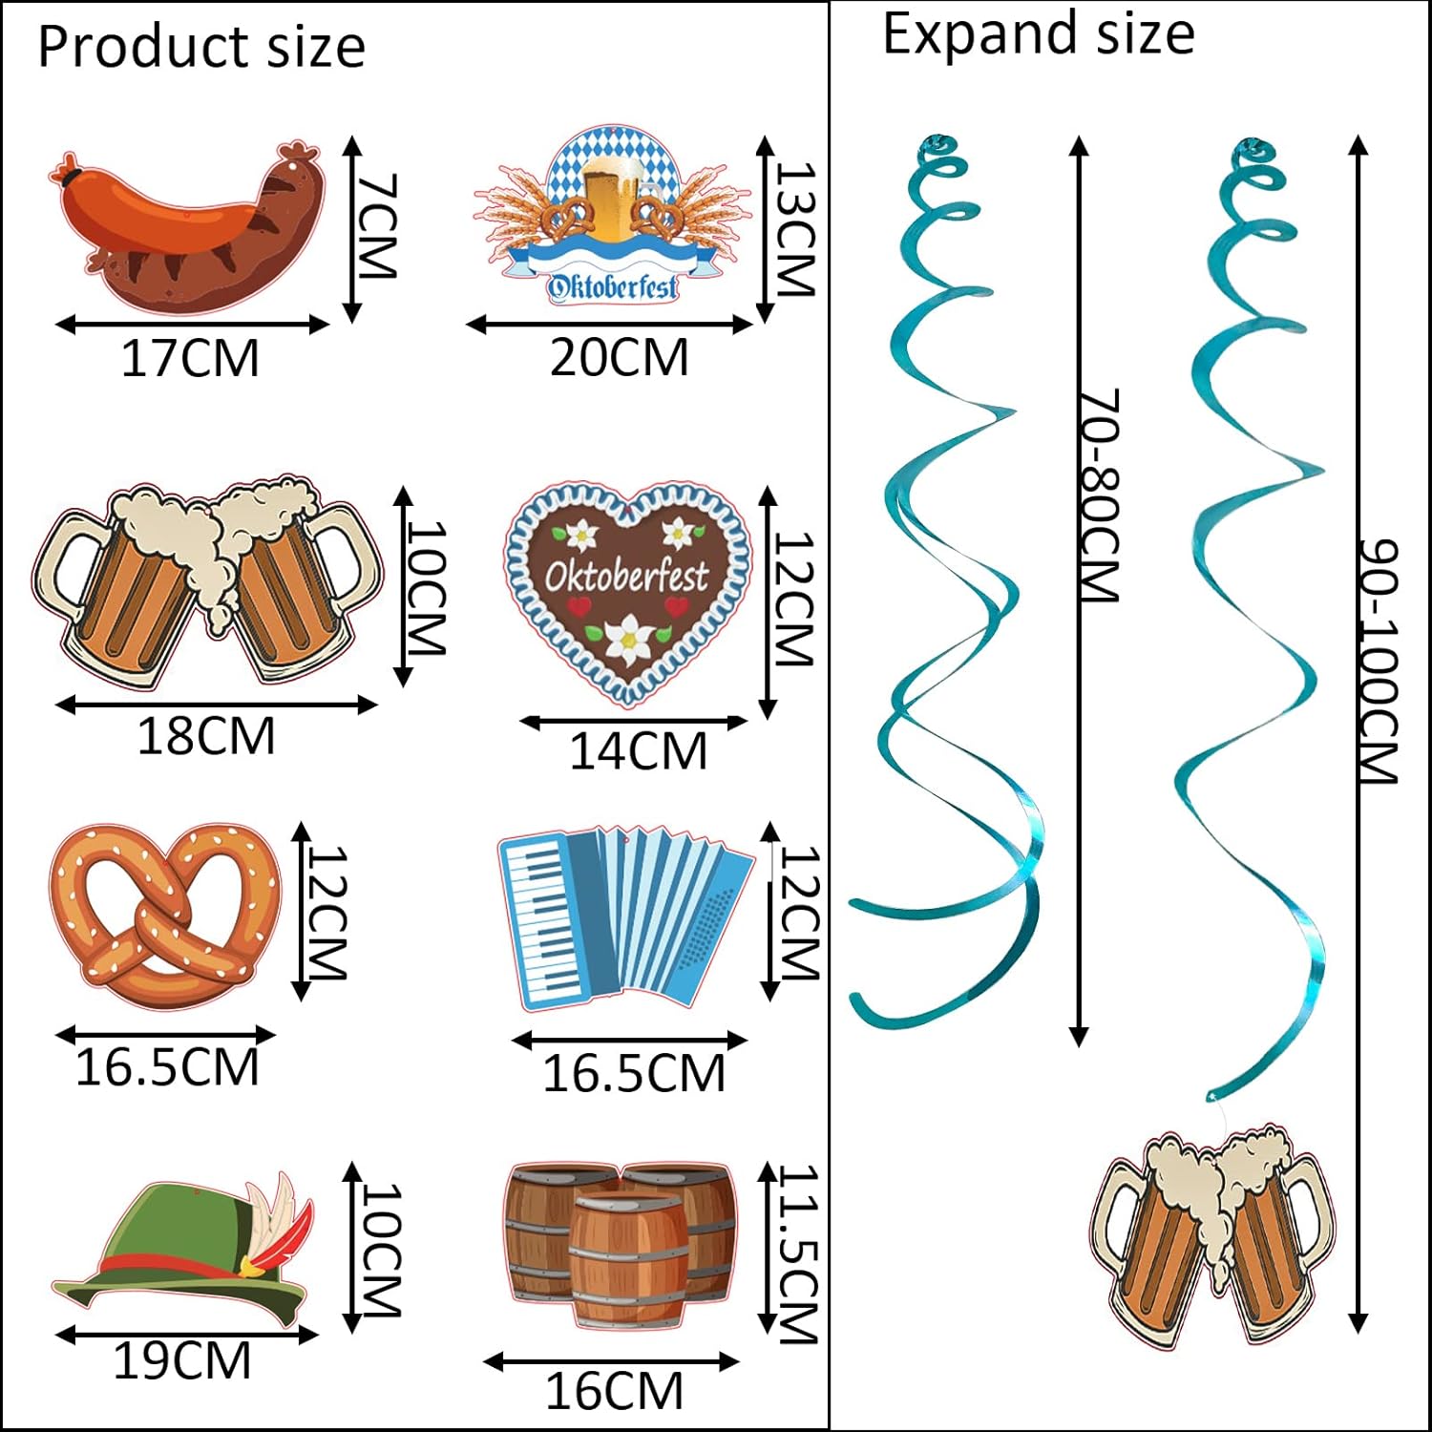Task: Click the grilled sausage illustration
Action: click(186, 229)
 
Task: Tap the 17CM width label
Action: click(190, 359)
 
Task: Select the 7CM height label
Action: click(376, 225)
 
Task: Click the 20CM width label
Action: click(619, 358)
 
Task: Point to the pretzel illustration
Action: click(165, 915)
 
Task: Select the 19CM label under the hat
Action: click(181, 1360)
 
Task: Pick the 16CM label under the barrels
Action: click(614, 1391)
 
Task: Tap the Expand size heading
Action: click(1038, 35)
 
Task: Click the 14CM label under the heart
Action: click(638, 751)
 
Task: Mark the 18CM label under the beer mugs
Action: click(206, 736)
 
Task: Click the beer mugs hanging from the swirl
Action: click(1212, 1232)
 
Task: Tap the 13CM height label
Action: click(795, 229)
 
